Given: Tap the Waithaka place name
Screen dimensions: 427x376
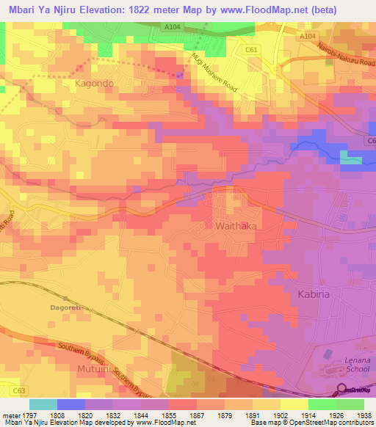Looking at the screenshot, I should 236,227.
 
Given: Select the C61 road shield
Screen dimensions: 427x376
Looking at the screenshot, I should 252,49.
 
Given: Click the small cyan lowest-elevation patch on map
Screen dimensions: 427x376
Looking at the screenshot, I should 351,160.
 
